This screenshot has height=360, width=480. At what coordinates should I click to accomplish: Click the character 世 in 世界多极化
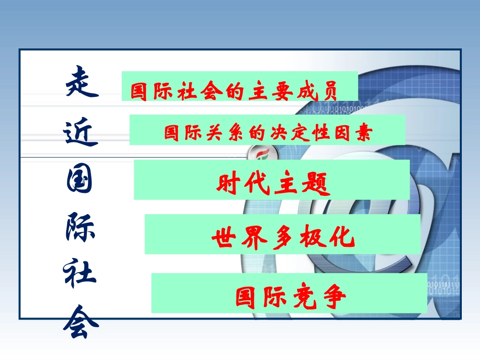[x=223, y=237]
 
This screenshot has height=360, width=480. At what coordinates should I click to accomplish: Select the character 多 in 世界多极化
[x=281, y=237]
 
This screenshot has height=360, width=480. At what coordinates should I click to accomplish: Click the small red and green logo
[x=263, y=153]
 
